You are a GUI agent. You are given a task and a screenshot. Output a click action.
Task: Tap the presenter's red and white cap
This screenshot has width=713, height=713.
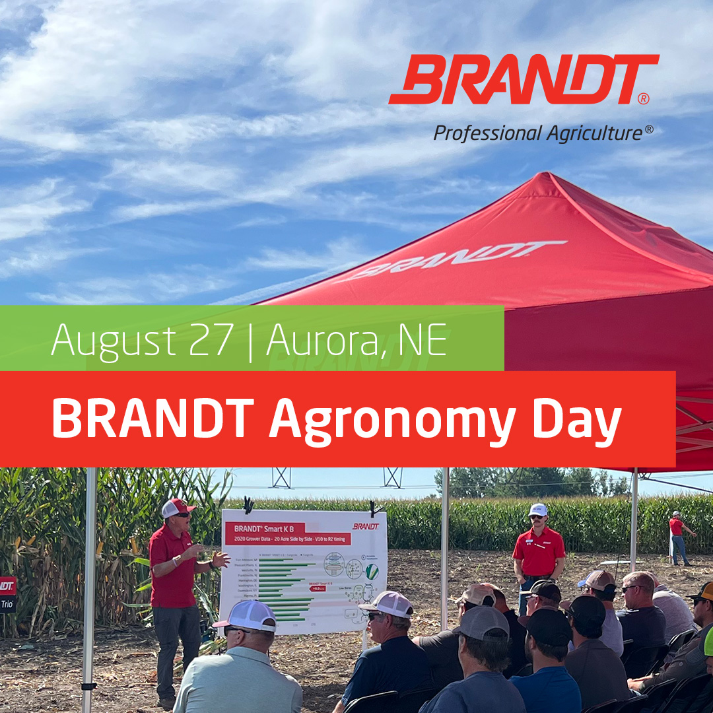tap(177, 507)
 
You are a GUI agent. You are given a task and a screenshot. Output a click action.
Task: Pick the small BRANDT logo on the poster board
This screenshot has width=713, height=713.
tap(365, 526)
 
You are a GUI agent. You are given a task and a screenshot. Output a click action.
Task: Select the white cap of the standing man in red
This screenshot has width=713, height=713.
tap(538, 510)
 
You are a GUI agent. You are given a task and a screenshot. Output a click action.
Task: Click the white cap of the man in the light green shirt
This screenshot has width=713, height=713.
tap(246, 615)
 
